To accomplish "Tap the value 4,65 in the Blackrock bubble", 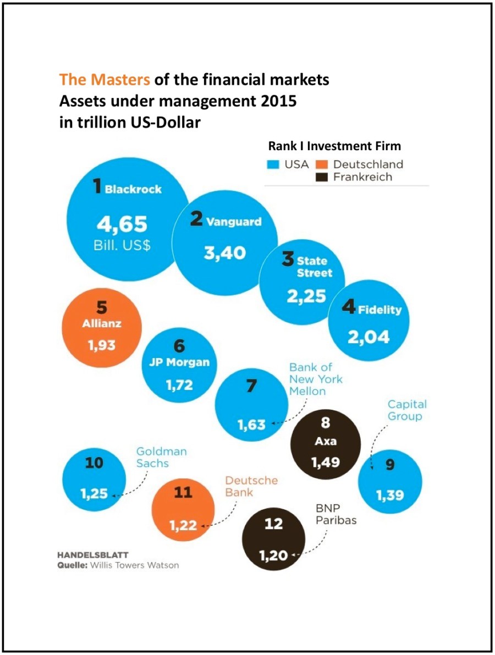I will point(122,224).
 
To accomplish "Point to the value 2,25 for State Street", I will point(306,296).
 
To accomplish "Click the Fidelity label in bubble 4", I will point(380,310).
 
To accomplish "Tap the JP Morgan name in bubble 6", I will point(179,362).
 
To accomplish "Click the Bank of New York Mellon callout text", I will point(316,379).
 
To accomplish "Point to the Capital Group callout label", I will point(407,410).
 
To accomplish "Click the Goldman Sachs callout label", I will point(161,457).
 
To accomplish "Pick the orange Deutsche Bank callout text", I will point(251,486).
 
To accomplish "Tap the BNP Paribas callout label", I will point(336,515).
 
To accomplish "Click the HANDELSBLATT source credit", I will point(93,554).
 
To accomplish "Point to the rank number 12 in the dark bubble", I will point(273,524).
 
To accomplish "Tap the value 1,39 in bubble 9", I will point(390,496).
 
